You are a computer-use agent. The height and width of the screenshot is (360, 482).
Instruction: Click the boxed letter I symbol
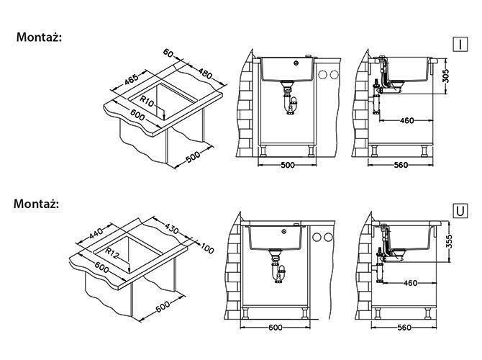point(460,45)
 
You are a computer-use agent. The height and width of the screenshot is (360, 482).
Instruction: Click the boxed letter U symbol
point(460,211)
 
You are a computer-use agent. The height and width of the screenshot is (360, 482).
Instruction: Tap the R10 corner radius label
point(147,102)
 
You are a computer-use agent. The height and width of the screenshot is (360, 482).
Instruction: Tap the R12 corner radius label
point(112,253)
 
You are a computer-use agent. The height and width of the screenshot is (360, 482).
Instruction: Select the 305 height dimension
point(447,76)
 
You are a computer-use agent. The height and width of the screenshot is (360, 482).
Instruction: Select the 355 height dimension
point(449,242)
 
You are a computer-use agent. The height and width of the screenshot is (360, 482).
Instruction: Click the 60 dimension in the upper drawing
point(168,53)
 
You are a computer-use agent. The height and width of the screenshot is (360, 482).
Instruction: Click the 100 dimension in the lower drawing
point(207,248)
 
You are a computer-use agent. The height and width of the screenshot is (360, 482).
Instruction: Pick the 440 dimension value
point(96,233)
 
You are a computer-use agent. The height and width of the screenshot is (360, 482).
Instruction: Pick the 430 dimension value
point(172,228)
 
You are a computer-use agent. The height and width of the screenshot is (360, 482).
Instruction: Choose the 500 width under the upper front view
point(288,165)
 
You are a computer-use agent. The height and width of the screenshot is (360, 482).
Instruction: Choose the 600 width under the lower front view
point(275,328)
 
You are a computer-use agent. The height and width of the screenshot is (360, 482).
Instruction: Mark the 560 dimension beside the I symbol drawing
point(401,165)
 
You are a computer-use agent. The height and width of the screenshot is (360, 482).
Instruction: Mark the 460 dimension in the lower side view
point(410,283)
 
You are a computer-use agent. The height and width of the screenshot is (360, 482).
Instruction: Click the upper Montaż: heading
point(39,37)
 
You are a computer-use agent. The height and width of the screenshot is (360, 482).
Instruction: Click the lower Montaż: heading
point(36,204)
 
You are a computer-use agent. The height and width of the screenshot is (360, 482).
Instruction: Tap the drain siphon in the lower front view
point(278,266)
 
